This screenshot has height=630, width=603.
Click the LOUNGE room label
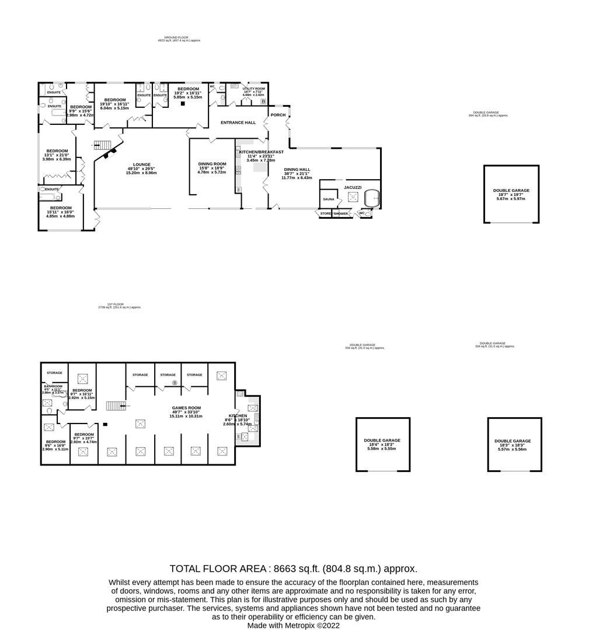142,164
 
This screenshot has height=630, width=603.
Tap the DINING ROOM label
211,164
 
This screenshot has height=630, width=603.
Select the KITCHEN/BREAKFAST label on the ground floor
261,152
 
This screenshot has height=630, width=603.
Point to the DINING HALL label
298,169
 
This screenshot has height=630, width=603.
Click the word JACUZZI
353,187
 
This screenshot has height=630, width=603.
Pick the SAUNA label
328,199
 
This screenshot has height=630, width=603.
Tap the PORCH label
278,115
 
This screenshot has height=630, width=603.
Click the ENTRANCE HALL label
238,123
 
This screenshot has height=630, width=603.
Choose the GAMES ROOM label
186,408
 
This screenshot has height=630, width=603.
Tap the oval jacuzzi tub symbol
372,198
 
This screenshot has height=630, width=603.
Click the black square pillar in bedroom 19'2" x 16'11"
183,104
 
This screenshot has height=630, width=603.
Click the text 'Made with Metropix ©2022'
293,625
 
